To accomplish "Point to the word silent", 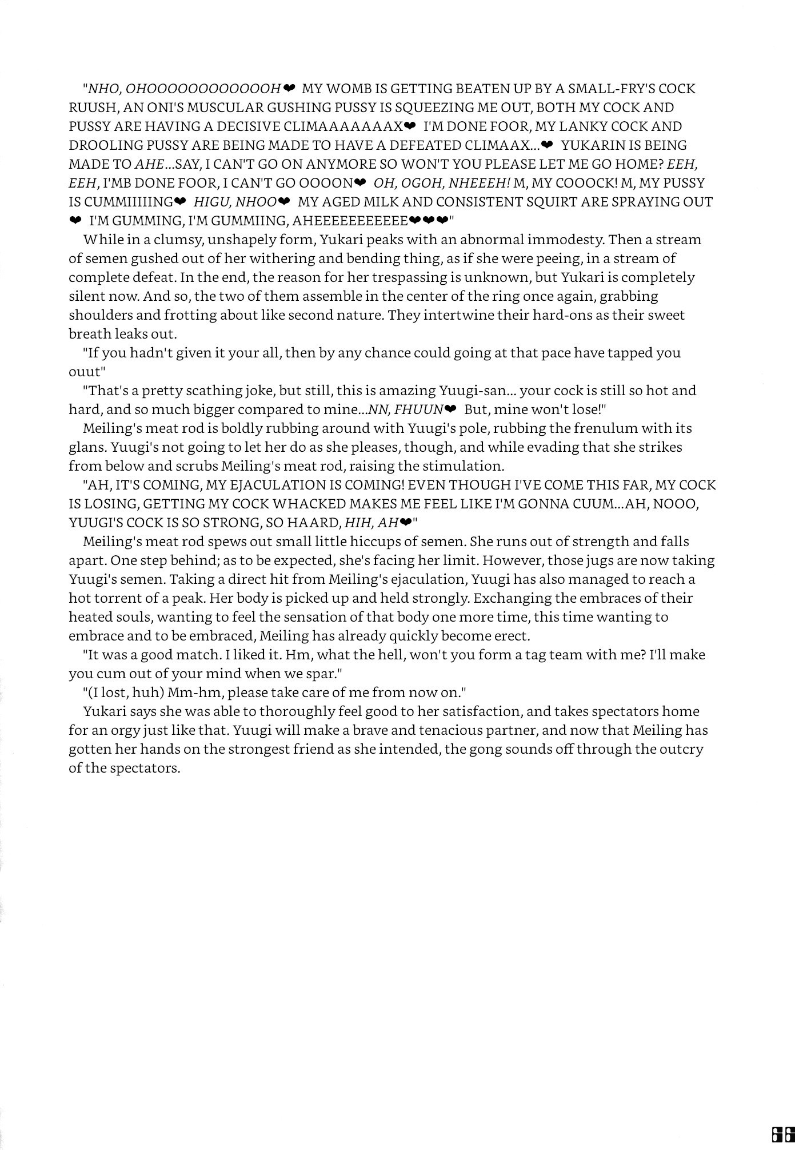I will coord(87,296).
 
